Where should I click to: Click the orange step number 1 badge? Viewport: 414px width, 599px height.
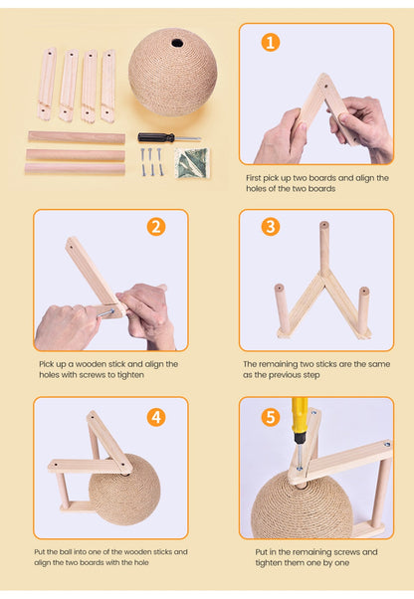271,43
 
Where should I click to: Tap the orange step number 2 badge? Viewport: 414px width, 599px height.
156,227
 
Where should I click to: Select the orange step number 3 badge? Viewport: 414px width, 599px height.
271,227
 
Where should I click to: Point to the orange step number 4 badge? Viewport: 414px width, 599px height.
156,417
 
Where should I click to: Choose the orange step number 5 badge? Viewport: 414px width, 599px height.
271,417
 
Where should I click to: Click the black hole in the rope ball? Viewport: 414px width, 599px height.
177,43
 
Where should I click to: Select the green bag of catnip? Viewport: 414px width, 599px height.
192,163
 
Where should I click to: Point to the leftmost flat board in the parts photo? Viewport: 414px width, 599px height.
47,84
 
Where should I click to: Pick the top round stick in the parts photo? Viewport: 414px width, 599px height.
77,137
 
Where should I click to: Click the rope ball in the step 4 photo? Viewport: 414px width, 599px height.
124,491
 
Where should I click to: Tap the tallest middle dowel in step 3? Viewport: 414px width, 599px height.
324,249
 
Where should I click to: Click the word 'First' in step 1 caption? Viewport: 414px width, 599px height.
253,178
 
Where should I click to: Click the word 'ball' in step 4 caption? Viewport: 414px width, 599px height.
66,551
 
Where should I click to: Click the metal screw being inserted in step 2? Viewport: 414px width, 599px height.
105,314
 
